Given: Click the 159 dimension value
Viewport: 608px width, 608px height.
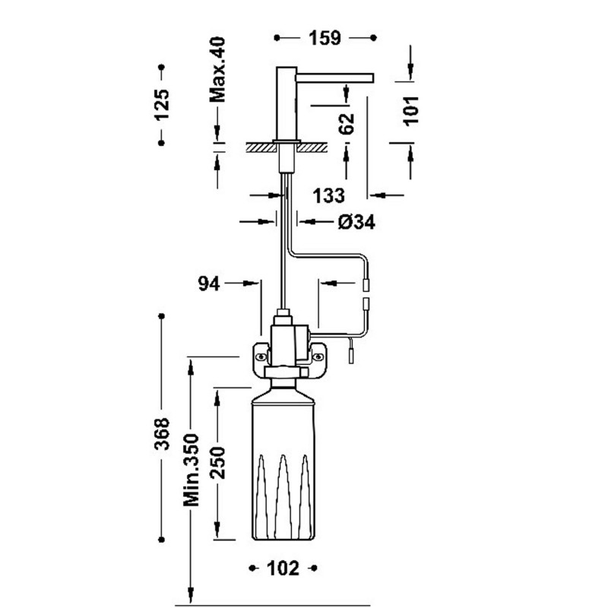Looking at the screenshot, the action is (x=325, y=38).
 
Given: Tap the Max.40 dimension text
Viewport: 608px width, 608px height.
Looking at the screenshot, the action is (x=217, y=69).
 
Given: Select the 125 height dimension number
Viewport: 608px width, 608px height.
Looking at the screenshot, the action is (x=162, y=105).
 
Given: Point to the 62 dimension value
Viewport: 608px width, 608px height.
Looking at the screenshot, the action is (x=347, y=123).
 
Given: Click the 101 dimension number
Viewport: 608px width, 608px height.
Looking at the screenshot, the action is (x=411, y=110).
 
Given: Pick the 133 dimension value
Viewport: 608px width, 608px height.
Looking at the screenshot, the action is (x=328, y=195).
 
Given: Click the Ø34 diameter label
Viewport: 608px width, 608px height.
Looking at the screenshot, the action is (x=356, y=222).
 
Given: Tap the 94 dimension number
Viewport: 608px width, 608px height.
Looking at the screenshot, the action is (x=209, y=283).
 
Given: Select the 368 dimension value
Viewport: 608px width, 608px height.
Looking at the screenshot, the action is (x=162, y=433).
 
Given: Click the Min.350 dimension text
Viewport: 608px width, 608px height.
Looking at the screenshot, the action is (x=191, y=470).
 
